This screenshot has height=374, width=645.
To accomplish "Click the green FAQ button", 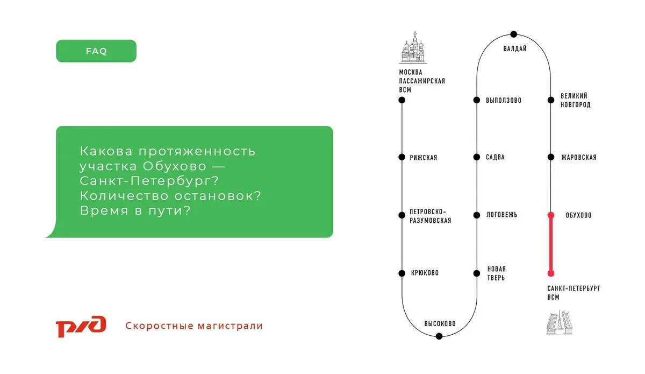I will tap(96, 51).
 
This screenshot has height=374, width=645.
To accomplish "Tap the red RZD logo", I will tap(81, 326).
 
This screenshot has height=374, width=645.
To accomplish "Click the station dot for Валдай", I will tap(514, 34).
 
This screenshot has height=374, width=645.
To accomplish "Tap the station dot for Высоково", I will tap(439, 336).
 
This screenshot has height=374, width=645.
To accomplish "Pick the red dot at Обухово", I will tap(551, 215).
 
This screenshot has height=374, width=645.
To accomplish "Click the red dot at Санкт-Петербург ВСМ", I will tap(551, 273).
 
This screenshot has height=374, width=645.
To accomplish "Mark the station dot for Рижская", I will tap(402, 157).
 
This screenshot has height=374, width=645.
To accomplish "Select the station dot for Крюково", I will tap(402, 273).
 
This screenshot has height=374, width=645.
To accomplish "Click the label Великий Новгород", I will tap(575, 100).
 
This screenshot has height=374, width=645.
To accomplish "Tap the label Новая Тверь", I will tap(496, 273).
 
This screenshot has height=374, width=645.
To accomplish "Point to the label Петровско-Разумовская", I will tap(430, 216).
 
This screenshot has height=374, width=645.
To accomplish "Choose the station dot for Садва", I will tap(477, 157).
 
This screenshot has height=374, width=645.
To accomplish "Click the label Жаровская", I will tap(578, 158).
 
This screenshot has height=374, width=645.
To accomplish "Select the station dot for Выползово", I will tap(477, 100).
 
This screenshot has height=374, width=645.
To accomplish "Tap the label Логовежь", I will tap(502, 215).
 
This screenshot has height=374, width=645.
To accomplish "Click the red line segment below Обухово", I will tap(551, 245).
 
